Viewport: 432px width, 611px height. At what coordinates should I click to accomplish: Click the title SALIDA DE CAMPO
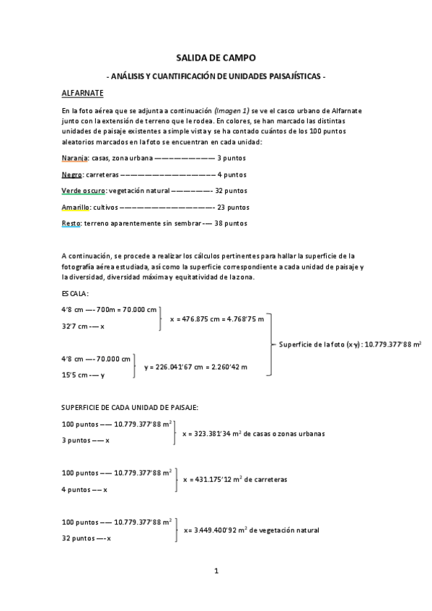click(x=216, y=58)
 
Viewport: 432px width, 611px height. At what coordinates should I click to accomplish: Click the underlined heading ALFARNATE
click(x=83, y=93)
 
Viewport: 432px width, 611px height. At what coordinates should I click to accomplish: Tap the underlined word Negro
click(x=71, y=174)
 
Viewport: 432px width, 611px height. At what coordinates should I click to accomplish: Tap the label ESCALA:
click(x=76, y=294)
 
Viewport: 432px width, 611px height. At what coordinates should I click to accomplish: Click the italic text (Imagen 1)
click(x=232, y=110)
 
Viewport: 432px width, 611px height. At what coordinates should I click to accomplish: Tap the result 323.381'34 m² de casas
click(x=255, y=434)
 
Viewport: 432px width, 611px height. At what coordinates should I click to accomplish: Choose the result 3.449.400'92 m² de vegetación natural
click(x=252, y=530)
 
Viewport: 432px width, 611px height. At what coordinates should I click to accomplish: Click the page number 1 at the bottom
click(x=216, y=572)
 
